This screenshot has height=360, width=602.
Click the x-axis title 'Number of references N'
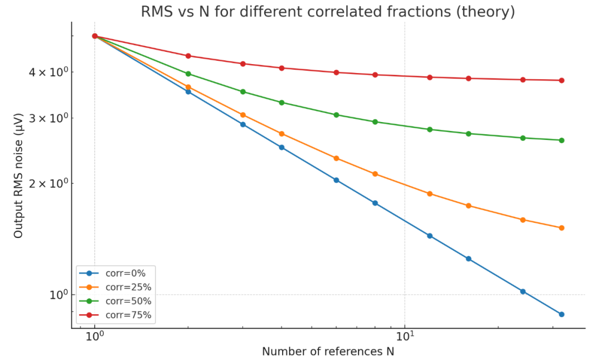click(328, 352)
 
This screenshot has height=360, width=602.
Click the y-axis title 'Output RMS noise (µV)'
click(19, 176)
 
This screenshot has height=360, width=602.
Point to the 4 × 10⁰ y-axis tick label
click(52, 72)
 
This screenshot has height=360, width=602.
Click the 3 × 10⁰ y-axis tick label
click(52, 118)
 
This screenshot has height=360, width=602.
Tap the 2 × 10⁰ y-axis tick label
click(52, 183)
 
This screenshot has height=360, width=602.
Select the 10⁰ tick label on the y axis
click(57, 294)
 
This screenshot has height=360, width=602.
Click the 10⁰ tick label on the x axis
click(95, 337)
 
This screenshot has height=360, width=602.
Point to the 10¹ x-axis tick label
click(405, 337)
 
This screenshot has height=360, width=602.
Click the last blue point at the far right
click(561, 314)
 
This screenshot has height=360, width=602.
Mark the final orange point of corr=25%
click(561, 228)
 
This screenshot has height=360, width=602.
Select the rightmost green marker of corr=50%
click(561, 140)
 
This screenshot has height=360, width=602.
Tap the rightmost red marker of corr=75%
click(561, 80)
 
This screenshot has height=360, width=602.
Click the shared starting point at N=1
click(95, 36)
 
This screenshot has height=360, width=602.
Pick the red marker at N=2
click(188, 56)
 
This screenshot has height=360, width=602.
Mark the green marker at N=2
click(188, 74)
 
